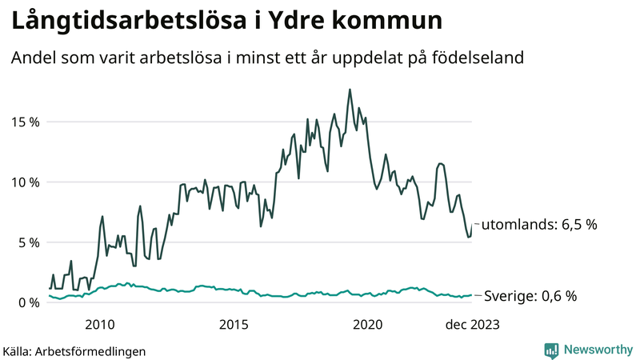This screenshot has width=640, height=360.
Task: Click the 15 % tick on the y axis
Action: [24, 122]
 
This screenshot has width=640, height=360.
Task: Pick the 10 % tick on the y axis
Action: [24, 182]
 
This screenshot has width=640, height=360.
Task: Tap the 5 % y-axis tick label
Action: [27, 242]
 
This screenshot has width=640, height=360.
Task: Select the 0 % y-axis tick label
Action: [27, 302]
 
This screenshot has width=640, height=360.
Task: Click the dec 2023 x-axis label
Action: [473, 324]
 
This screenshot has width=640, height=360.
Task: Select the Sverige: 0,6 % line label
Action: [530, 296]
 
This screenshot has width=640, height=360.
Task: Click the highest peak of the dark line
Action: [350, 90]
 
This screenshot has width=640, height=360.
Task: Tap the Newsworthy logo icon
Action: [551, 350]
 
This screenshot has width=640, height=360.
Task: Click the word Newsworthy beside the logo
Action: [597, 350]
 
